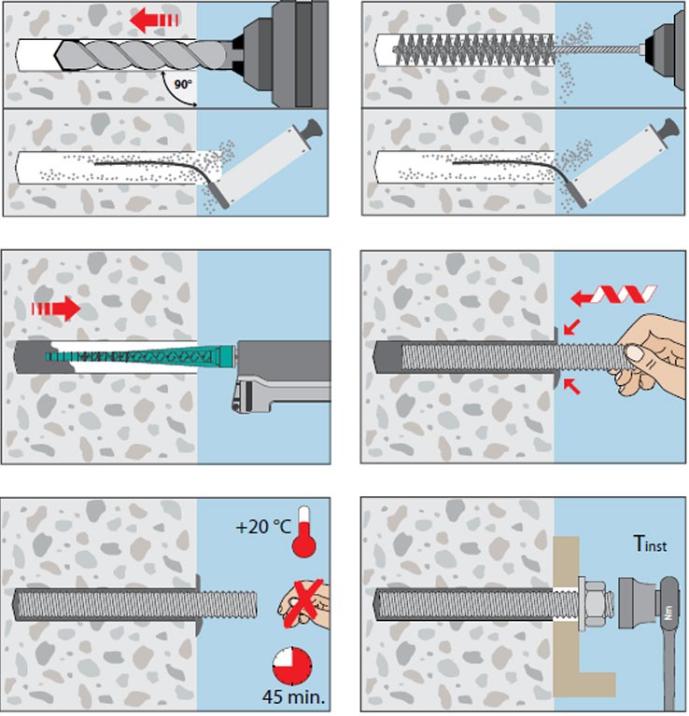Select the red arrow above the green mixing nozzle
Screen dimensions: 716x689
55,307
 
